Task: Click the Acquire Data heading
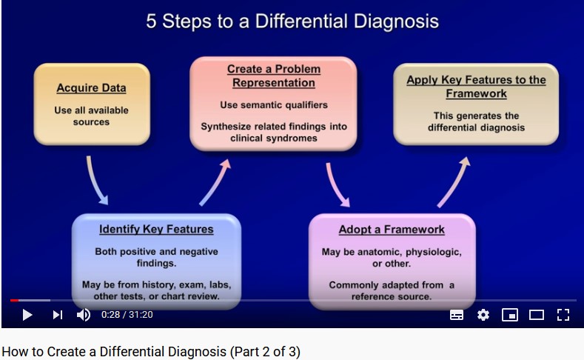91,88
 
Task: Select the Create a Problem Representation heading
274,76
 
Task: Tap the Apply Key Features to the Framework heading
477,87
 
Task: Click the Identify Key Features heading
156,229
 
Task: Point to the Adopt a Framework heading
392,230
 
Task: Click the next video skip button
57,315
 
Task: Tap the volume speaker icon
84,315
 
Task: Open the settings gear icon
483,315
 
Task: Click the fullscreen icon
563,315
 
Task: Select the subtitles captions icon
457,315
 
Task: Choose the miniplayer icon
510,315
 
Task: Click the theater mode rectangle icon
537,315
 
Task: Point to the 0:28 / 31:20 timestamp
127,315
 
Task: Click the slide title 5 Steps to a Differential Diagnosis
292,21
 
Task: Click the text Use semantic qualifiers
274,104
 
